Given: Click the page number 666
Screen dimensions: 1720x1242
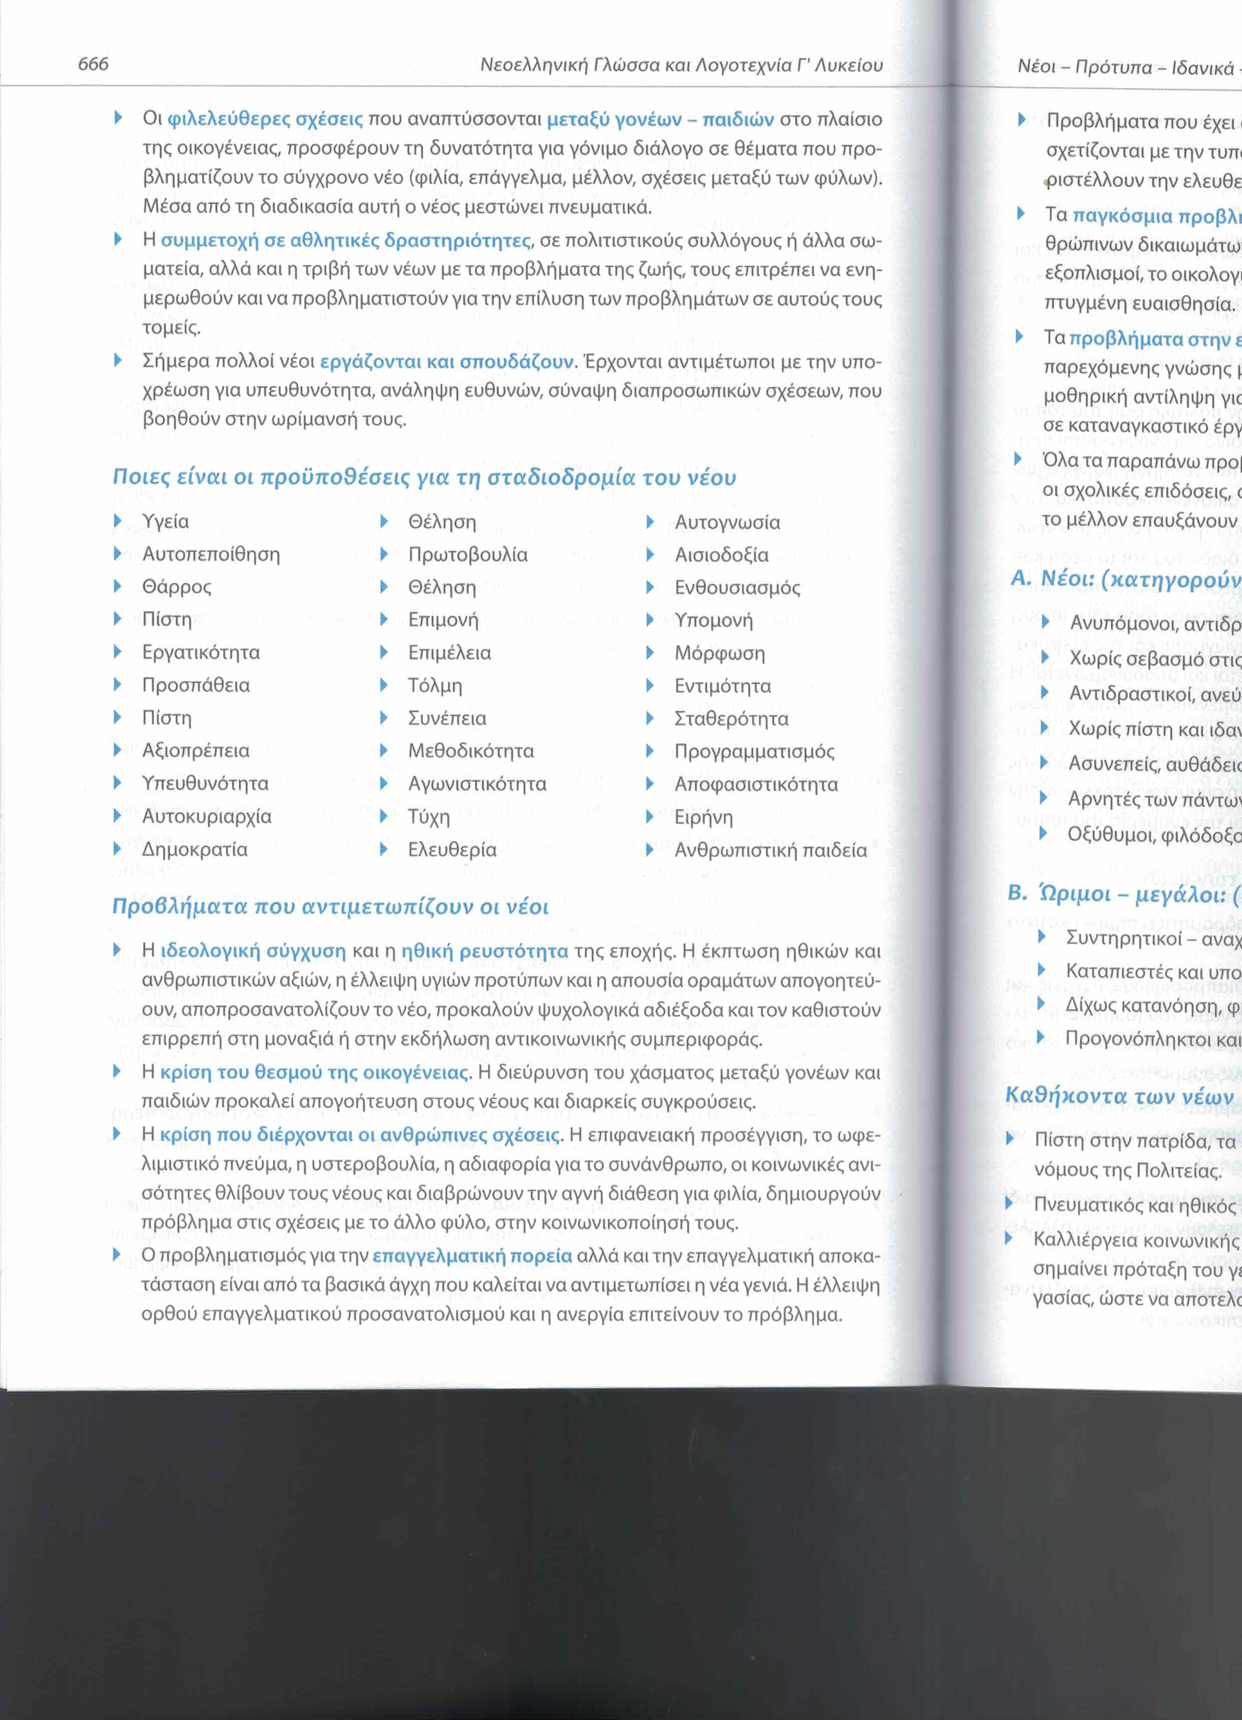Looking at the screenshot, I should click(93, 64).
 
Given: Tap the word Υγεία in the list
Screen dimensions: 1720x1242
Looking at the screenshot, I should click(165, 522).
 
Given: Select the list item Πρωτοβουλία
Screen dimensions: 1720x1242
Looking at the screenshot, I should click(467, 554).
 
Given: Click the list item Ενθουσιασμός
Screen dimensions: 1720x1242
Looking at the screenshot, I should click(737, 588).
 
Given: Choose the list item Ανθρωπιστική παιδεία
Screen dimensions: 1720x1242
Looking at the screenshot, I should click(770, 850).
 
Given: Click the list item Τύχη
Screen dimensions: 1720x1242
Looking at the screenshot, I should click(429, 817).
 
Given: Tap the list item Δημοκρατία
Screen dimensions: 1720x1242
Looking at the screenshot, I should click(194, 849).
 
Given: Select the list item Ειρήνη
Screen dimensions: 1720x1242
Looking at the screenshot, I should click(703, 817).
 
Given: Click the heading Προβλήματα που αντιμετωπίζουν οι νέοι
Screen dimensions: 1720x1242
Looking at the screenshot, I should click(330, 906).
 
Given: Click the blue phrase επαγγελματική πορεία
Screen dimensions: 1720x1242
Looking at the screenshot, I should click(472, 1256).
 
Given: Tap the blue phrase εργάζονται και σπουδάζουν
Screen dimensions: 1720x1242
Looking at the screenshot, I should click(446, 362).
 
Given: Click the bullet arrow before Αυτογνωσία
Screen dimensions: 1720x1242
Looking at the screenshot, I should click(650, 522).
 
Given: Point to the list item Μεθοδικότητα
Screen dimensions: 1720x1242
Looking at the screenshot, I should click(470, 751).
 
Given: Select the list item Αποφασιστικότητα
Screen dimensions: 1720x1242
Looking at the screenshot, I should click(756, 784).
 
